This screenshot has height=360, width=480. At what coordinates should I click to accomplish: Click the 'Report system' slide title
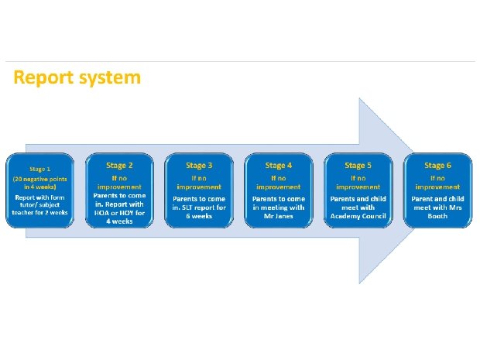point(77,78)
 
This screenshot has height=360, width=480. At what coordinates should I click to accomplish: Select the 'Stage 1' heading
point(40,169)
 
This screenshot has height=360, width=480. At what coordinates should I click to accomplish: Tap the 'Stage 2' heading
point(120,165)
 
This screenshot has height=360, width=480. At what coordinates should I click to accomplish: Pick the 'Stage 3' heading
point(199,165)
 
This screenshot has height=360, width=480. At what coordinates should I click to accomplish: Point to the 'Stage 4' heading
point(279,165)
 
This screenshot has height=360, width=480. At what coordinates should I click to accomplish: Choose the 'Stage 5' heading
point(358,165)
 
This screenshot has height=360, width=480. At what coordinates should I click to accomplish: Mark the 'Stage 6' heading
point(437,165)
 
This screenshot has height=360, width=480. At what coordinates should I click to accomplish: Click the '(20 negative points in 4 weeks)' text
point(40,183)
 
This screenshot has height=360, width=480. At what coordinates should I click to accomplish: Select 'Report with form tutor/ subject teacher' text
point(40,205)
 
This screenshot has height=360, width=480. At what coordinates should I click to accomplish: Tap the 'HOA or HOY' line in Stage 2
point(120,214)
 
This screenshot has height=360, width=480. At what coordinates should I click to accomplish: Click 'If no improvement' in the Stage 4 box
point(279,182)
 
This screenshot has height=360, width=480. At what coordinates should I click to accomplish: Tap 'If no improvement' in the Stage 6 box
point(437,182)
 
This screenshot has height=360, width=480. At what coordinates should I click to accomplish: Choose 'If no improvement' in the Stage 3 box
point(199,182)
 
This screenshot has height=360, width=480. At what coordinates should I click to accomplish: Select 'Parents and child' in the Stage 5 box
point(358,199)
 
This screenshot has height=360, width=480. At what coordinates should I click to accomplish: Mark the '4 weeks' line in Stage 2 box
point(120,221)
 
